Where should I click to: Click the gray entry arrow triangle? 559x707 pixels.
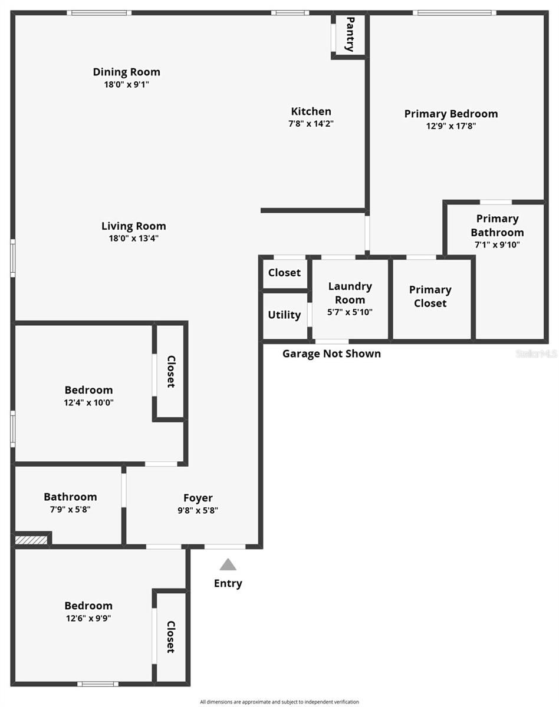click(228, 565)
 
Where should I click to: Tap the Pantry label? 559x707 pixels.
click(350, 34)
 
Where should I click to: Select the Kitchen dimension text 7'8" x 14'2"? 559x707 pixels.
click(311, 124)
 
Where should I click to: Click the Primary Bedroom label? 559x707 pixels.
click(451, 114)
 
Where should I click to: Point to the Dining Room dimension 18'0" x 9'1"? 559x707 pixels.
click(126, 84)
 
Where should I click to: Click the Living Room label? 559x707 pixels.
click(133, 226)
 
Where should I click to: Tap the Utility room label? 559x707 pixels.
click(284, 315)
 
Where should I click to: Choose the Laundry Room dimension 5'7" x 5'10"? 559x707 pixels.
click(350, 312)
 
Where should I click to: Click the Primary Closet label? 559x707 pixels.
click(430, 296)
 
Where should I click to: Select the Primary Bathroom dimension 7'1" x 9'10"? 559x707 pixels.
click(497, 245)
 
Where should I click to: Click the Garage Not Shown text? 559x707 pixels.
click(331, 353)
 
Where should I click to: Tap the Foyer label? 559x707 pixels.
click(198, 498)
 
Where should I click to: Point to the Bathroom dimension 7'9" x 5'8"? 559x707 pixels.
click(70, 510)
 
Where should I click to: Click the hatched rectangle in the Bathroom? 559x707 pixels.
click(31, 539)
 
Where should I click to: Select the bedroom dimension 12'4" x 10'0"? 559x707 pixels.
click(88, 402)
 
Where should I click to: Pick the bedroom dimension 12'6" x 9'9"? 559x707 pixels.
click(88, 618)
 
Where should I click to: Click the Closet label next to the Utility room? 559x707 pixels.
click(284, 273)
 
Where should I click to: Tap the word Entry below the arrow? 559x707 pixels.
click(228, 583)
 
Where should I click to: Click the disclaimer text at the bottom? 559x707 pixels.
click(279, 702)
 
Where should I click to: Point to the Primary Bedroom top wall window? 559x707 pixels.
click(453, 12)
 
